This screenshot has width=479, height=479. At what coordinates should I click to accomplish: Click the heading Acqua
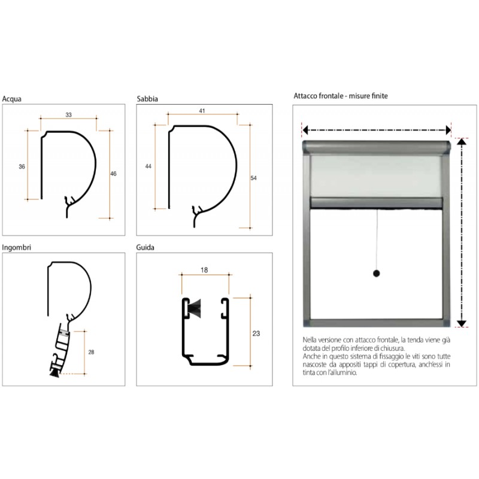(12, 99)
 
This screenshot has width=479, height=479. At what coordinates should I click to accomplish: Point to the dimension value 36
(22, 166)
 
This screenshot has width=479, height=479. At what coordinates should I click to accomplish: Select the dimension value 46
(114, 174)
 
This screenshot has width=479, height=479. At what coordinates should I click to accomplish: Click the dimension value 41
(203, 111)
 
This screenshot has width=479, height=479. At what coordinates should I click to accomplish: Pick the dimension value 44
(148, 166)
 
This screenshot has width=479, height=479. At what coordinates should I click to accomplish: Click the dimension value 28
(91, 352)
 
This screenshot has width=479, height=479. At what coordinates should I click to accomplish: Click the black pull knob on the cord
(377, 274)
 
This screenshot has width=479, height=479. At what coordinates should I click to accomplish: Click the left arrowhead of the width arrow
(304, 130)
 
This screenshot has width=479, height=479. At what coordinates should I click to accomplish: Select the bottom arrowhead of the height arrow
(462, 324)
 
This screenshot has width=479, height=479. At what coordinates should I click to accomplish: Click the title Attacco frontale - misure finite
(342, 95)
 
